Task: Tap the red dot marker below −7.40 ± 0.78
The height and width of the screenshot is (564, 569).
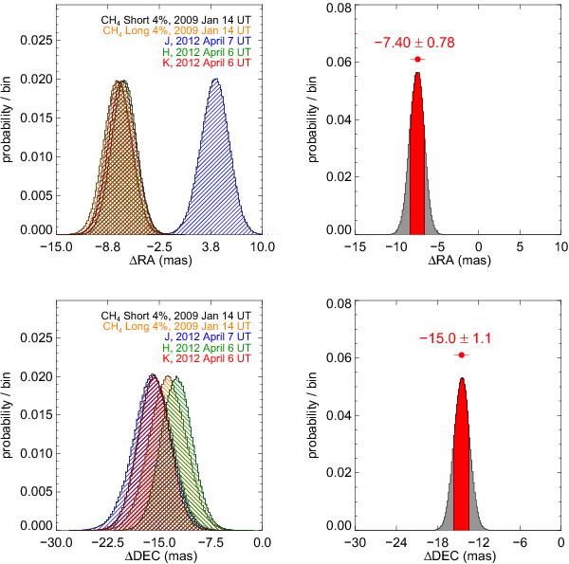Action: click(417, 59)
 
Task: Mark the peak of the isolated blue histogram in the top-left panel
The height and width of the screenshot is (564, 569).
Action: click(215, 81)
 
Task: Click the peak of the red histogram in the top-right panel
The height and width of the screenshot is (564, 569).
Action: click(417, 73)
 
